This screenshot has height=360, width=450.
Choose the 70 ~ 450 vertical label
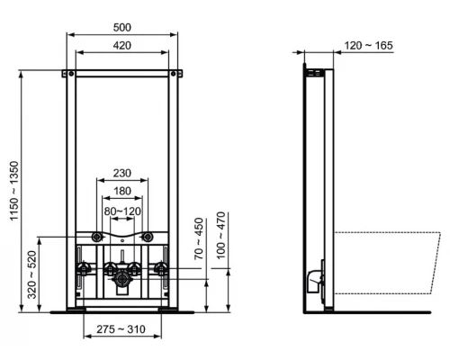click(197, 236)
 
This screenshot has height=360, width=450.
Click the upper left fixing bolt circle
click(96, 238)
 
